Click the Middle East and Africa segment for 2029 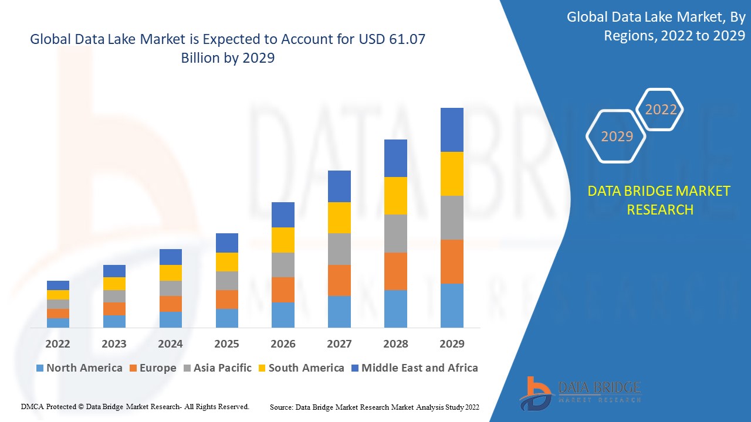point(452,130)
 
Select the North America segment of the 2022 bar point(58,322)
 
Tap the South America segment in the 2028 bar point(395,195)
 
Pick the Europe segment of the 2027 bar point(339,280)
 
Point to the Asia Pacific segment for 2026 point(283,264)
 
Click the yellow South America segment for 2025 point(227,261)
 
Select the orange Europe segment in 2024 point(171,304)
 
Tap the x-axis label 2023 point(114,343)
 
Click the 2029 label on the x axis point(452,343)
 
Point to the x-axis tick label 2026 point(283,343)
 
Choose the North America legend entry point(79,368)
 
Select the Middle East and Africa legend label point(420,368)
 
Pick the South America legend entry point(306,368)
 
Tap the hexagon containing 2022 point(661,110)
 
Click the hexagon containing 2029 point(617,136)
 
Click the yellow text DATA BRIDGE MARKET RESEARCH point(659,200)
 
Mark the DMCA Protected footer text point(135,406)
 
